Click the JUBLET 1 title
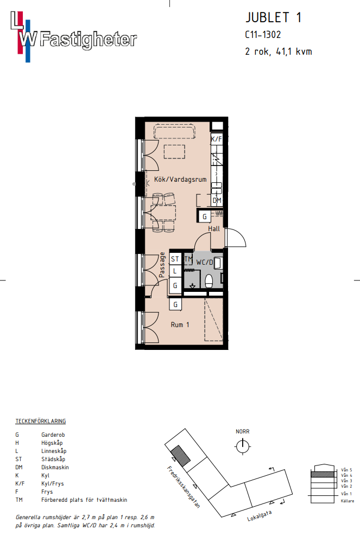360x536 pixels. [x=274, y=17]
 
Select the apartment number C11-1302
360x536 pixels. [x=263, y=35]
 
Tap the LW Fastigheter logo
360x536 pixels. [x=73, y=37]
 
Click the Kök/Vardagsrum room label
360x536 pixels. [x=180, y=179]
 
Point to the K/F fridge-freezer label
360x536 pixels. [x=216, y=139]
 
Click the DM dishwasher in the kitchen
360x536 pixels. [x=217, y=201]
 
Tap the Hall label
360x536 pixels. [x=214, y=229]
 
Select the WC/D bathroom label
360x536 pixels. [x=204, y=263]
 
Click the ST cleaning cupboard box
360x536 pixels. [x=175, y=259]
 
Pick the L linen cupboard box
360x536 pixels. [x=175, y=271]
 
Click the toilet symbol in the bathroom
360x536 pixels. [x=209, y=282]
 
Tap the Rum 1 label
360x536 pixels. [x=180, y=325]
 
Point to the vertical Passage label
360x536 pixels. [x=162, y=265]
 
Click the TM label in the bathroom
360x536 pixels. [x=188, y=259]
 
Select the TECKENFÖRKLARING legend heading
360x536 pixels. [x=40, y=421]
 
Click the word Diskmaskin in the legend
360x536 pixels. [x=55, y=467]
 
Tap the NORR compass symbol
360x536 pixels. [x=243, y=446]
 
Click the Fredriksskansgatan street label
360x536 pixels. [x=184, y=487]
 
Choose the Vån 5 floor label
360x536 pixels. [x=346, y=470]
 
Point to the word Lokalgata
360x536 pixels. [x=260, y=516]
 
